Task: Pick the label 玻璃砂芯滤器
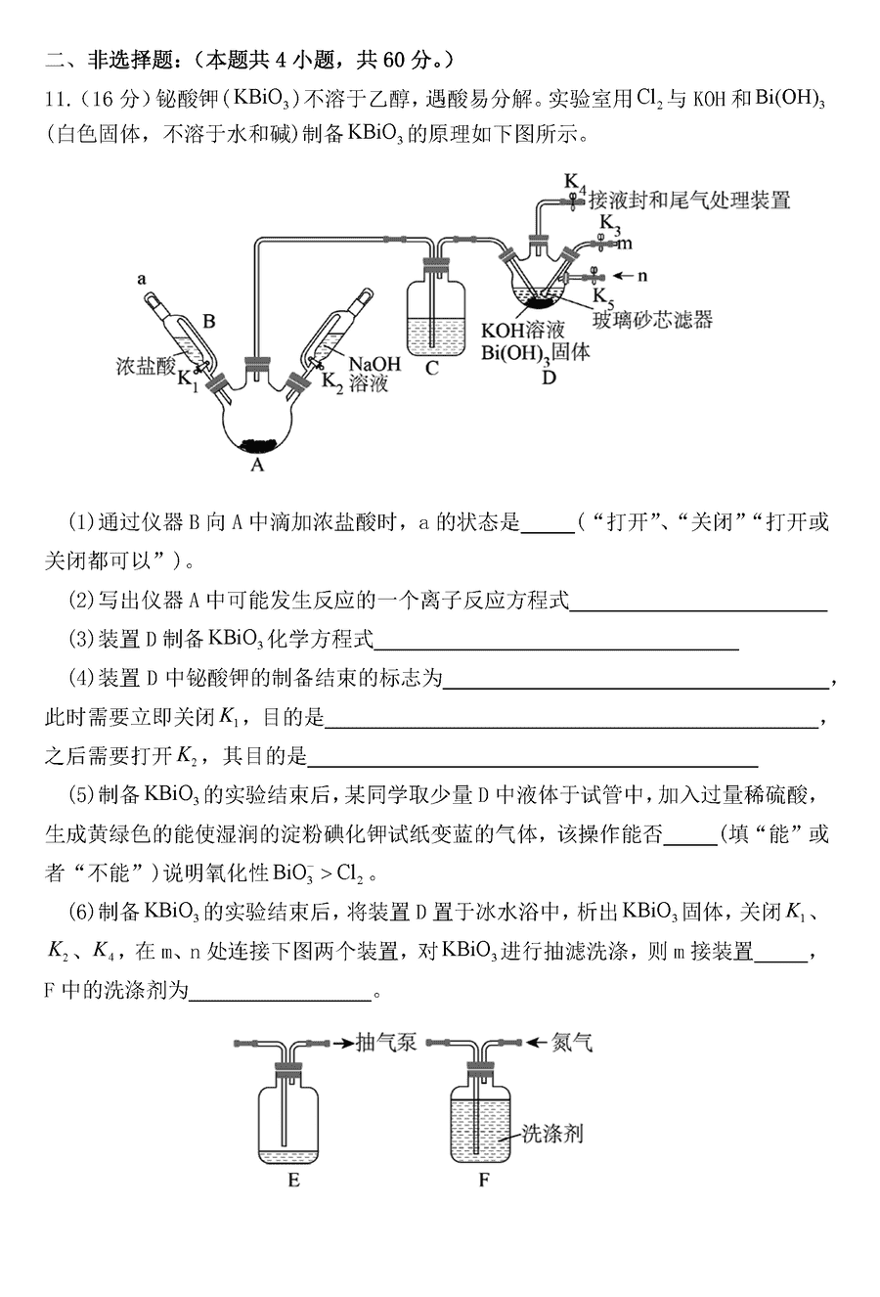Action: pos(651,319)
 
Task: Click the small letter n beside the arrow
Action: pos(642,276)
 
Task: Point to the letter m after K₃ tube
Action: pos(625,242)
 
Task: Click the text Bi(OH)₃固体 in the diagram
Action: pos(535,352)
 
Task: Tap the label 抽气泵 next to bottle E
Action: pos(386,1043)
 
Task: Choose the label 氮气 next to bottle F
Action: pos(572,1043)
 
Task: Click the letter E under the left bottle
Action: pos(293,1180)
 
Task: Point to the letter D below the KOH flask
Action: pos(549,377)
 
